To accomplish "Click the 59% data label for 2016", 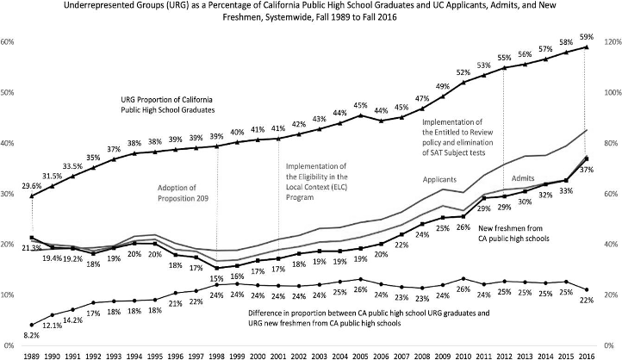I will [585, 37].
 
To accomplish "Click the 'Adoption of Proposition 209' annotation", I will [183, 194].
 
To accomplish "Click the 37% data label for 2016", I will [586, 170].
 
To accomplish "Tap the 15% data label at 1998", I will [218, 278].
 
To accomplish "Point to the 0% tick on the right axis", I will [610, 345].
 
